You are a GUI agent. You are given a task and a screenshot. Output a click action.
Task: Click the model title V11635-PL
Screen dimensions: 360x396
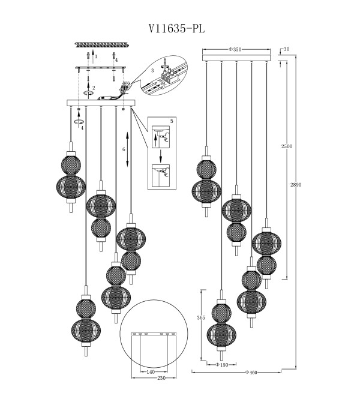[x=176, y=29]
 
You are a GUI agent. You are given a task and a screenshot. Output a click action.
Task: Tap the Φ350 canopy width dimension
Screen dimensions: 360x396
[x=235, y=49]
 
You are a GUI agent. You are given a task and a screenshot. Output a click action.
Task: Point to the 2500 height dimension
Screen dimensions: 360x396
[x=287, y=146]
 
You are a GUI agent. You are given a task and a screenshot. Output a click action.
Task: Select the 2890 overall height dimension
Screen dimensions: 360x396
[x=296, y=185]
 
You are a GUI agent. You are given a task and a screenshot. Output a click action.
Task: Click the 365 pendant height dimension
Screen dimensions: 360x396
[x=201, y=318]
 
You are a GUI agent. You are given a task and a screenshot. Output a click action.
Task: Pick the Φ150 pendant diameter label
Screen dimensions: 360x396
[x=222, y=365]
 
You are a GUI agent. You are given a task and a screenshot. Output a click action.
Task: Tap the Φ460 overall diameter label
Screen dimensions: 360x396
[x=251, y=372]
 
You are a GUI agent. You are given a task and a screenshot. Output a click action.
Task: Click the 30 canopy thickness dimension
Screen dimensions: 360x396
[x=286, y=49]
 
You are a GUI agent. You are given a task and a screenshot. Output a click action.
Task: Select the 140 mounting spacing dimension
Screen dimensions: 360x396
[x=151, y=372]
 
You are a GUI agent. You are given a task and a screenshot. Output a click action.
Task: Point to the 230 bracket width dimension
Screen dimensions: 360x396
[x=161, y=378]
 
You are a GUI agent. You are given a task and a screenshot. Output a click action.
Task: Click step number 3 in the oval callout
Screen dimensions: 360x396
[x=152, y=71]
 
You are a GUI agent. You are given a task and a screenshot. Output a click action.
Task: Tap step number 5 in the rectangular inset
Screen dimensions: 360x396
[x=172, y=121]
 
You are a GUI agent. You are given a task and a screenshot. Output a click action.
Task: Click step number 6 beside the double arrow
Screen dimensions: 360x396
[x=124, y=149]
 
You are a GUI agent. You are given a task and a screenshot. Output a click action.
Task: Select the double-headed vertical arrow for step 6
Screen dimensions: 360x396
[x=128, y=149]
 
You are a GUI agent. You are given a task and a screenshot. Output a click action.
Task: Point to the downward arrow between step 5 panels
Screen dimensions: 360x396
[x=160, y=156]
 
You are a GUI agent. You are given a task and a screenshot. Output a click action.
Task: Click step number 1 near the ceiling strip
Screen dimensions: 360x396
[x=96, y=57]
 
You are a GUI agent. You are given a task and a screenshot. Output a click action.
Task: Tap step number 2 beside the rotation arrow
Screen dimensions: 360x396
[x=94, y=88]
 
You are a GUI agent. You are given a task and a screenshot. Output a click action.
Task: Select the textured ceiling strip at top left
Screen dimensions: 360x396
[x=103, y=45]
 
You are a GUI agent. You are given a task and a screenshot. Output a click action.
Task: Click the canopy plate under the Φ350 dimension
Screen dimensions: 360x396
[x=236, y=58]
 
